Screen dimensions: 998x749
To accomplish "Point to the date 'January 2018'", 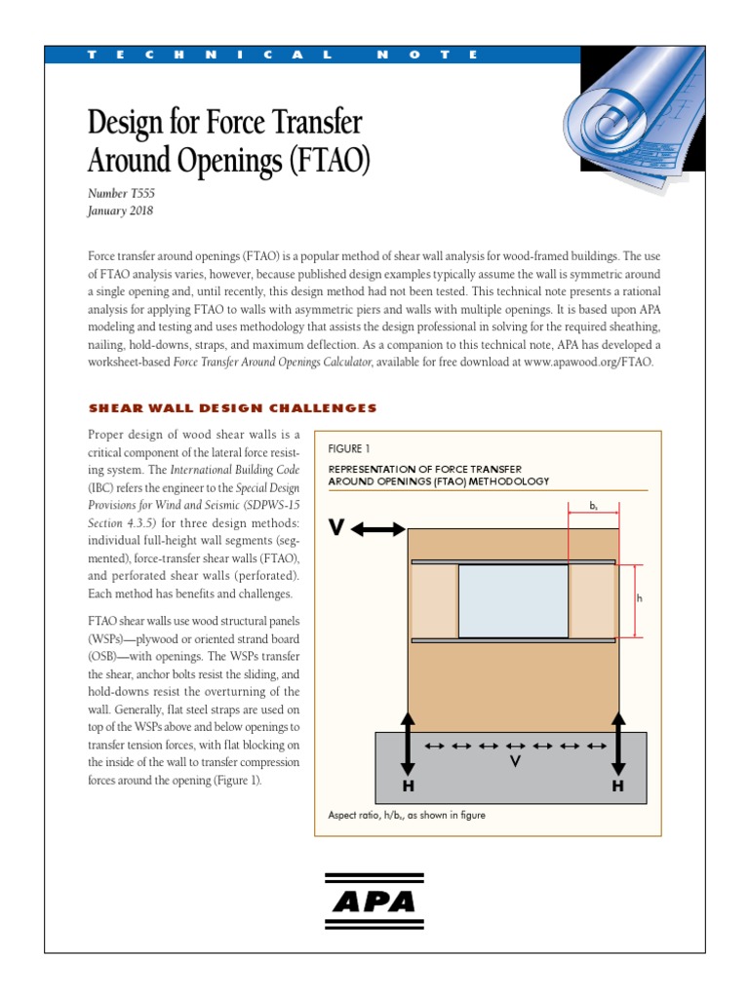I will point(120,210).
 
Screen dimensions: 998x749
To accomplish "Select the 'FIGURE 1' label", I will point(349,449).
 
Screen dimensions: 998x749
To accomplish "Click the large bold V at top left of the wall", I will point(337,527).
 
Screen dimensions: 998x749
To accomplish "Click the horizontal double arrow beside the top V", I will point(378,528).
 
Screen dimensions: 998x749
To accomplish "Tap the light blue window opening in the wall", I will point(513,601).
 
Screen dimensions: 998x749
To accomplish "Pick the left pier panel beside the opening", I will point(434,601).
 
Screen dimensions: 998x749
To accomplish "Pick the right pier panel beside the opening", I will point(592,601).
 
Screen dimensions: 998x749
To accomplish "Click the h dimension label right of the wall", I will point(640,598).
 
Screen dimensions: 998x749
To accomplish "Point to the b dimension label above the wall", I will point(594,507).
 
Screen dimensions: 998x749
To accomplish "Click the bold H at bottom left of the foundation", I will point(408,786).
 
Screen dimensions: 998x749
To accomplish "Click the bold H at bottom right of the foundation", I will point(617,786).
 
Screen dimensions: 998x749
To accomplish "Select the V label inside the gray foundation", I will point(514,762).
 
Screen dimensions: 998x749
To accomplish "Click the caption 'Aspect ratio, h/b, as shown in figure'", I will point(407,816).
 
